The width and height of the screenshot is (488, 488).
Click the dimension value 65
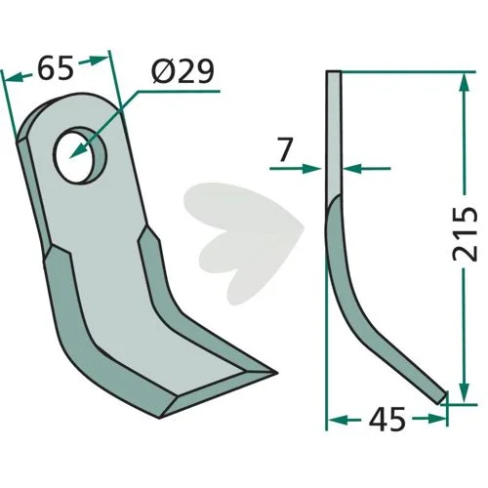click(x=56, y=69)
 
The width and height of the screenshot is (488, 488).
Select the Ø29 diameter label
click(x=183, y=70)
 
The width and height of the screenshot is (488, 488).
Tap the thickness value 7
click(x=284, y=149)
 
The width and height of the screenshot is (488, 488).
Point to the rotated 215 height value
click(x=466, y=233)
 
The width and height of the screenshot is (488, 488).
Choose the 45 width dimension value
click(x=387, y=419)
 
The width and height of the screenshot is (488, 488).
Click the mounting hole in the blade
click(x=81, y=155)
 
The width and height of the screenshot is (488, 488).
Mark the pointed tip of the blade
click(x=276, y=373)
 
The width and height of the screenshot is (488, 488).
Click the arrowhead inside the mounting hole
click(x=79, y=151)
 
